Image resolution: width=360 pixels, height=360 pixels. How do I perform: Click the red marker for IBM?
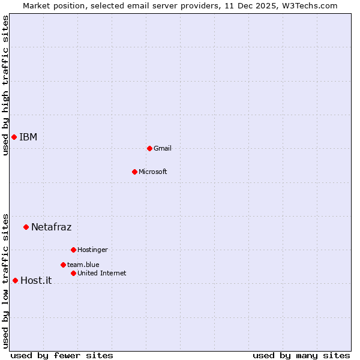(x=14, y=137)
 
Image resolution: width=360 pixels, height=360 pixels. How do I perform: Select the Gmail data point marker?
(x=149, y=148)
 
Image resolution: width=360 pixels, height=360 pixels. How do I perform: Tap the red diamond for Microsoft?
(x=134, y=172)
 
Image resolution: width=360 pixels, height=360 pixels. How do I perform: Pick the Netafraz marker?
(x=26, y=227)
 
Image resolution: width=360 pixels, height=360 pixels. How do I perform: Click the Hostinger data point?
(x=73, y=250)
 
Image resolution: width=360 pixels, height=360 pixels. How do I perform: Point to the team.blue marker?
(x=63, y=265)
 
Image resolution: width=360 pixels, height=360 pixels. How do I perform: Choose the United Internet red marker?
(x=73, y=273)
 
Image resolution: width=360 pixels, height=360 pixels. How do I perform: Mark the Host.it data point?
(x=15, y=280)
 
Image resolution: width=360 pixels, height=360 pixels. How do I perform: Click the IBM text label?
(x=28, y=137)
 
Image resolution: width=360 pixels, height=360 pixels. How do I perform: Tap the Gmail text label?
(x=163, y=148)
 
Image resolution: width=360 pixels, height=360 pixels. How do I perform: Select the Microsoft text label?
(x=153, y=172)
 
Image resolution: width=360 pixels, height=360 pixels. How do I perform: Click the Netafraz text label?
(x=51, y=227)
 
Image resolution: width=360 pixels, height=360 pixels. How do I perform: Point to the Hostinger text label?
(x=92, y=250)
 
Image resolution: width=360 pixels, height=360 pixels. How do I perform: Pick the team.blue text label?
(x=83, y=265)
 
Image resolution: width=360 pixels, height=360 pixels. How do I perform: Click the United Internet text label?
(x=102, y=273)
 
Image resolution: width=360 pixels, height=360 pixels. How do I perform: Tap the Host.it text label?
(x=36, y=280)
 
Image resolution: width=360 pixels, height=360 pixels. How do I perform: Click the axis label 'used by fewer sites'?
(x=62, y=355)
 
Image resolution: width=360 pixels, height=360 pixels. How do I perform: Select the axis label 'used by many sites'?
(x=301, y=355)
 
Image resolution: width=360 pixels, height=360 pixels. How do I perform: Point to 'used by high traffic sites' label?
(x=5, y=86)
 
